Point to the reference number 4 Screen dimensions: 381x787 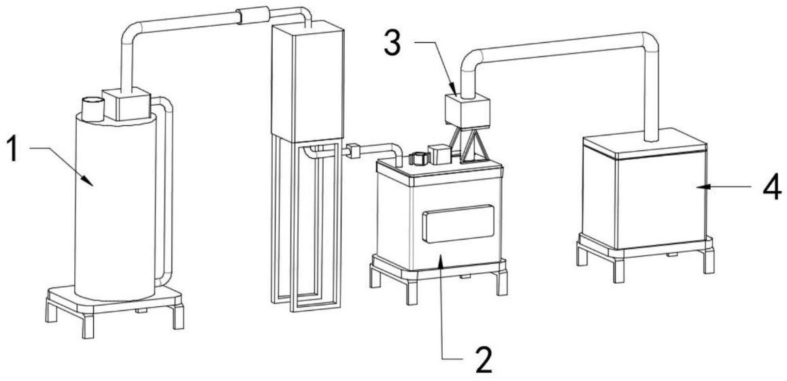770,188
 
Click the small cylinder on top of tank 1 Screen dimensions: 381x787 93,107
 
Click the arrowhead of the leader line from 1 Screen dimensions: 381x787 88,180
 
